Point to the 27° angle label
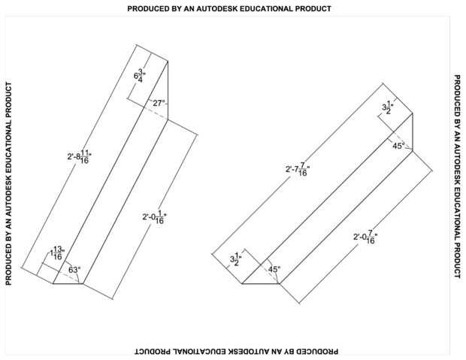pos(158,103)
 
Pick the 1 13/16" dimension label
pos(57,253)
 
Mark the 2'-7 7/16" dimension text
pos(298,169)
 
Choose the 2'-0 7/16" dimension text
pos(365,238)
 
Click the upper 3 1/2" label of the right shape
pos(386,107)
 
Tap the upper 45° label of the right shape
pos(398,146)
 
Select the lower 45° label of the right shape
pos(274,269)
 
